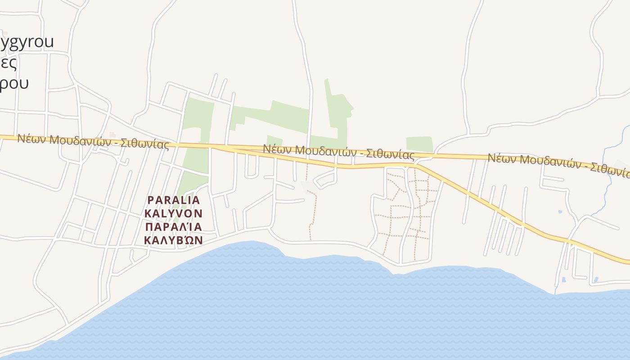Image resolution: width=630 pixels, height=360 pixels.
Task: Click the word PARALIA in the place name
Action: point(174,199)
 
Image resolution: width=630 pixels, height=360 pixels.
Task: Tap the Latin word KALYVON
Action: point(174,213)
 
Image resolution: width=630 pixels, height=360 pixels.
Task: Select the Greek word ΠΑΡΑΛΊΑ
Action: point(174,226)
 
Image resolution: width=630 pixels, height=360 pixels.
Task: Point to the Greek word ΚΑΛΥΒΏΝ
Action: point(174,240)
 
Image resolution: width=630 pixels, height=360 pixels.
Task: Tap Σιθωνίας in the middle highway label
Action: point(390,155)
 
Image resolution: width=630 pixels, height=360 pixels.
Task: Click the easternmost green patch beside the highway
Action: point(419,144)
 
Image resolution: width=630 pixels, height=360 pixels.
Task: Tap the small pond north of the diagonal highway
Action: point(560,212)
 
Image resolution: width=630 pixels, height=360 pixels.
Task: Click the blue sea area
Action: point(315,306)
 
